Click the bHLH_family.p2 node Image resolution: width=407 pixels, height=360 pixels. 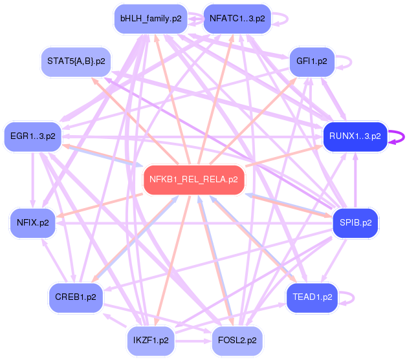coord(150,18)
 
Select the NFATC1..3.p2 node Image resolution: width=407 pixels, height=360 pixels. coord(237,18)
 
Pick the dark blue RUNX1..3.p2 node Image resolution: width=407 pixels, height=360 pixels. coord(355,136)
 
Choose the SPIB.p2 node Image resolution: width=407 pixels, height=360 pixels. coord(355,223)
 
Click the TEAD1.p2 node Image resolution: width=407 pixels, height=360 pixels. coord(312,297)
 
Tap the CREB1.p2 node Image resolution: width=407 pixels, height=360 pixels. coord(76,297)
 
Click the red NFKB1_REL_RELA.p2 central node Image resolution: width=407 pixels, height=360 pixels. coord(193,179)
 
